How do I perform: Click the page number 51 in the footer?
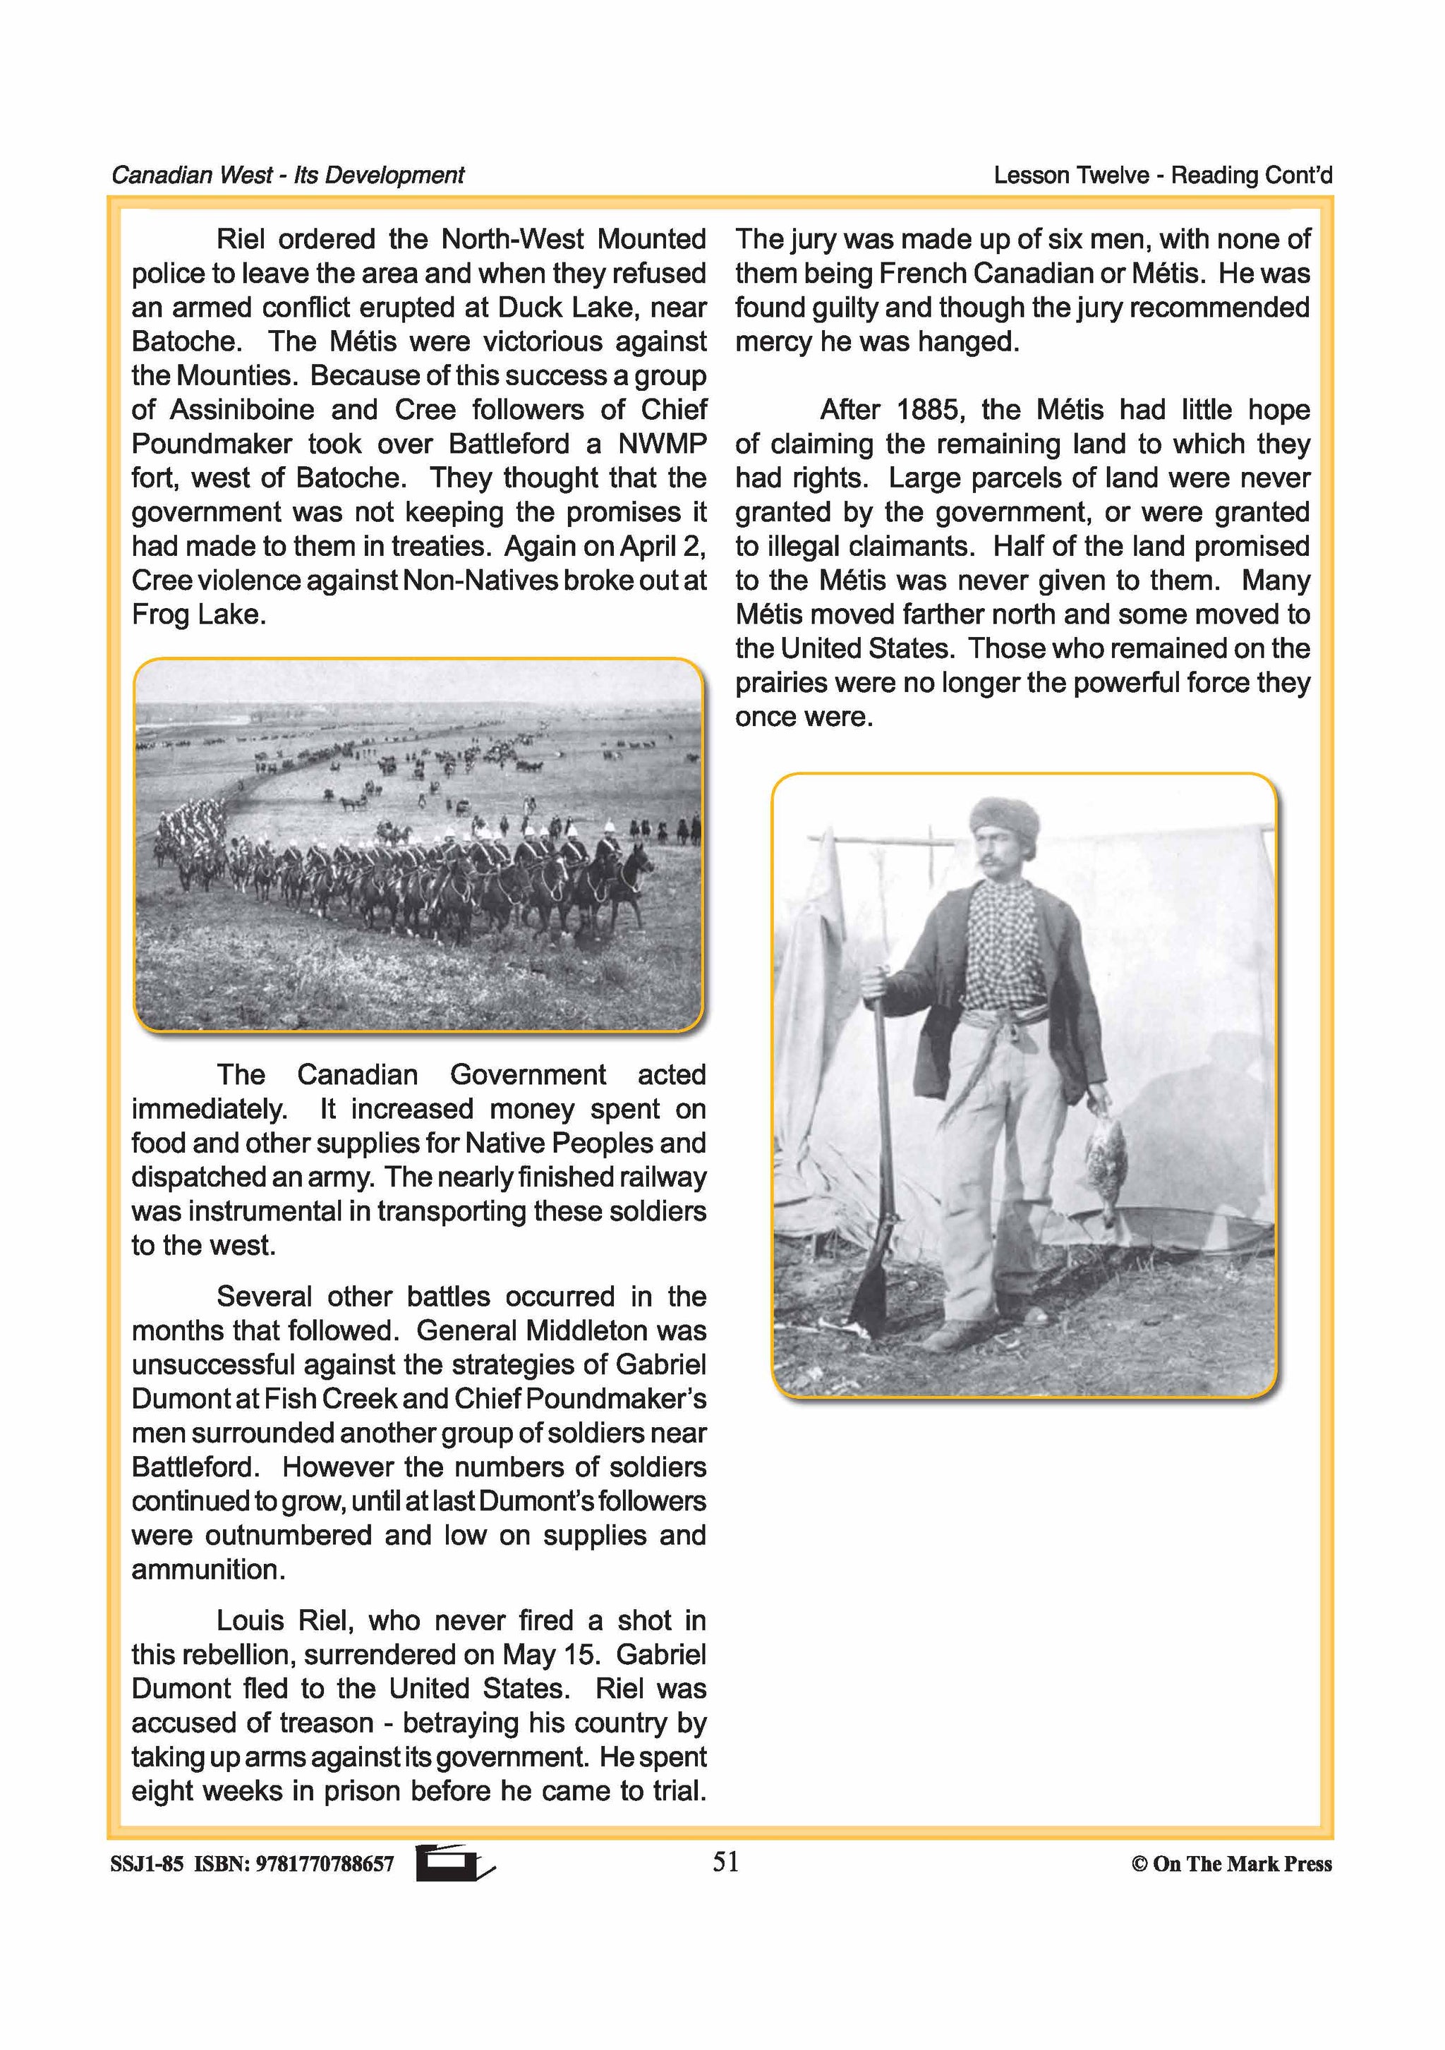(725, 1862)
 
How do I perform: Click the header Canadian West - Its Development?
(288, 175)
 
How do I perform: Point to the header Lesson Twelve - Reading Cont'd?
(1162, 175)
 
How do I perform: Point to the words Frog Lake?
(198, 615)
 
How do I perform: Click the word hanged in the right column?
(981, 342)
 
